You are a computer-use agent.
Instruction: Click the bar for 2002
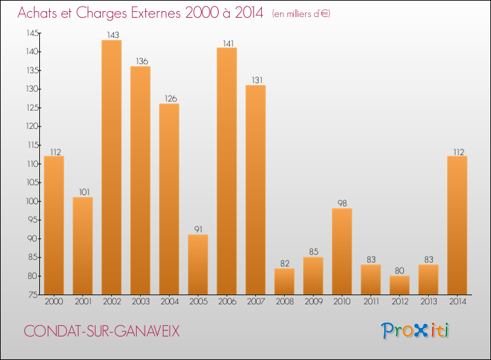(111, 167)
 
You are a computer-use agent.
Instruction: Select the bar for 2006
(227, 171)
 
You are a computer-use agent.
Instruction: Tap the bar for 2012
(399, 285)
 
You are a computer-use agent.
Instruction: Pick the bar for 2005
(198, 264)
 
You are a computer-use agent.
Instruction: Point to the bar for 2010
(342, 251)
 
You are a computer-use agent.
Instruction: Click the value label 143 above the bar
(111, 35)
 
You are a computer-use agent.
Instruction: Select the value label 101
(82, 192)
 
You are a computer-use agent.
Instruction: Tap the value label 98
(342, 204)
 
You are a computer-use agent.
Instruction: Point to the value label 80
(399, 271)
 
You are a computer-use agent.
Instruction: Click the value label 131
(255, 81)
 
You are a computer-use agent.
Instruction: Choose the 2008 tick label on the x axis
(284, 302)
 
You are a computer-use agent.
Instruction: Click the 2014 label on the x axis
(457, 302)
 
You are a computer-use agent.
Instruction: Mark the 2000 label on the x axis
(54, 302)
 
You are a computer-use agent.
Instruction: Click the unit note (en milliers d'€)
(301, 14)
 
